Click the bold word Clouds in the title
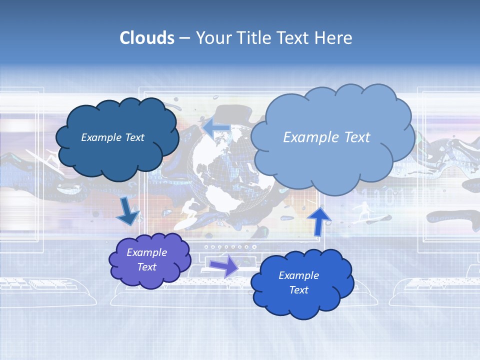(147, 38)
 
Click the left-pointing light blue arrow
(216, 127)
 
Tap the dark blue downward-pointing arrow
(128, 212)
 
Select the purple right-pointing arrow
(224, 265)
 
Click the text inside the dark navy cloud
(112, 137)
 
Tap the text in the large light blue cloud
(326, 137)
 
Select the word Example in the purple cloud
(146, 252)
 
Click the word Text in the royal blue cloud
(298, 290)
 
